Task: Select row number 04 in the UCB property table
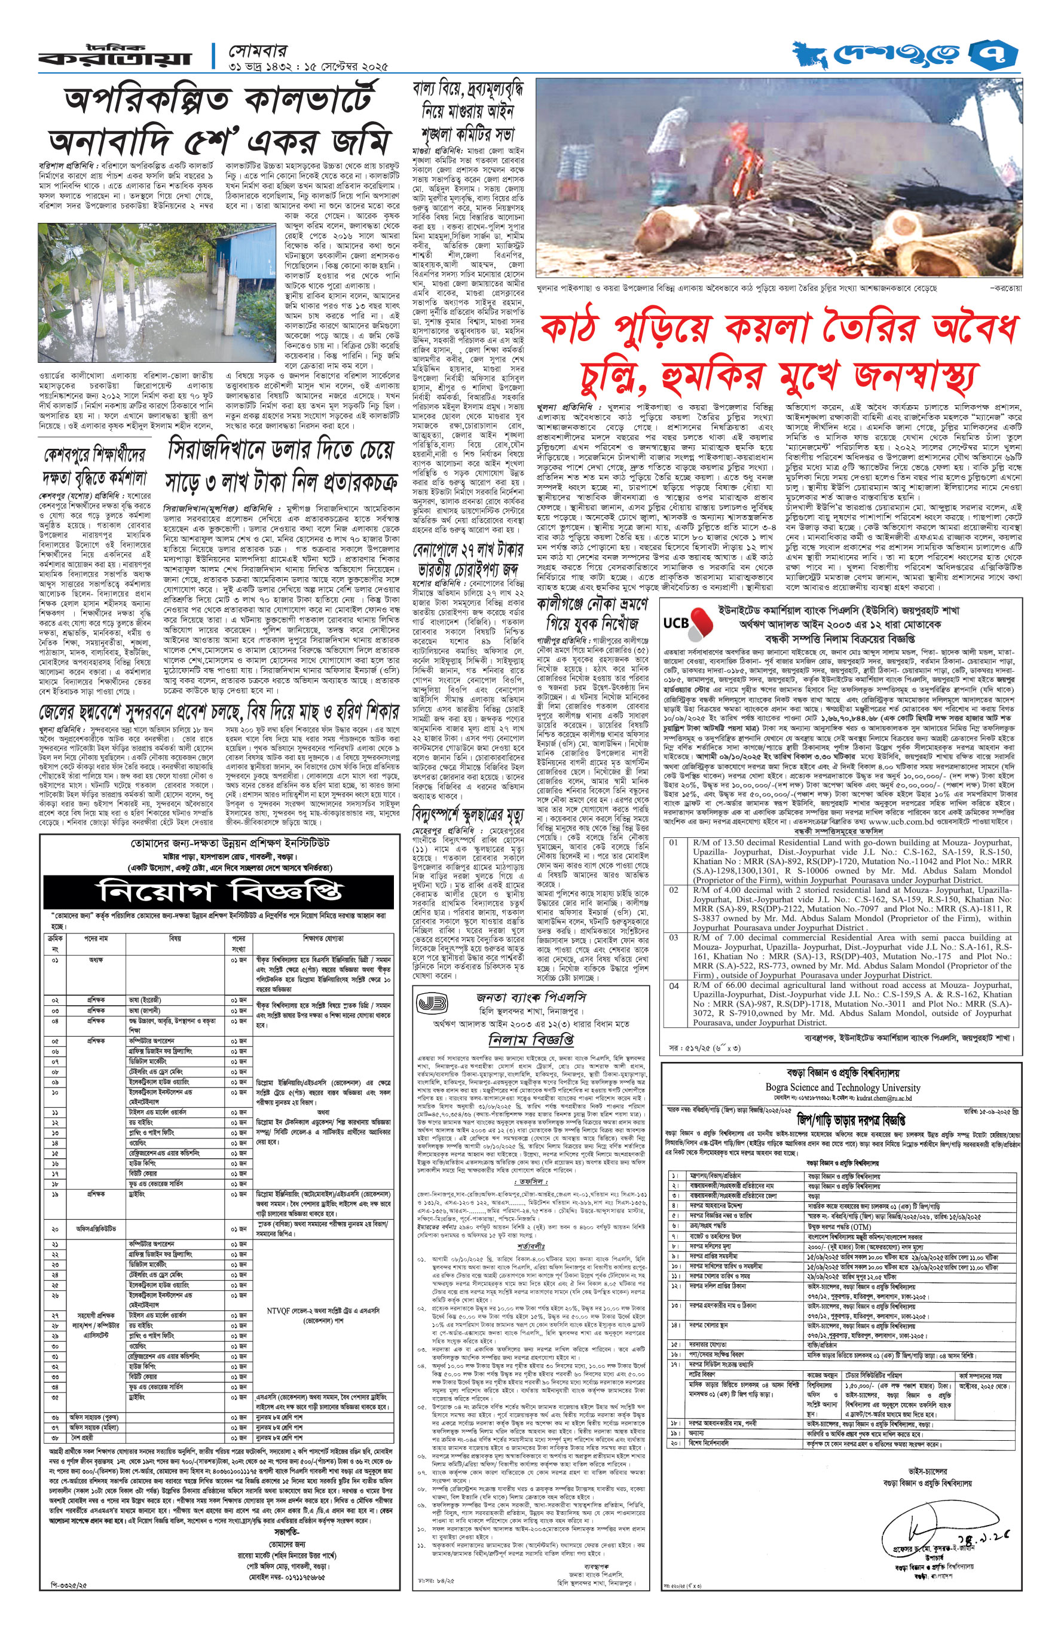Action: coord(674,986)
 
